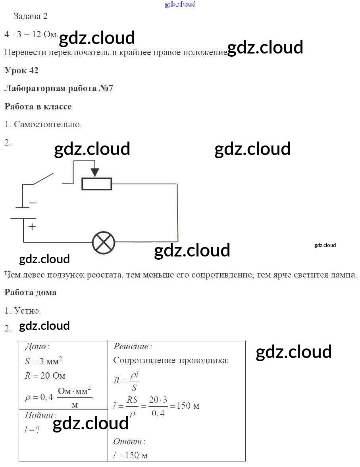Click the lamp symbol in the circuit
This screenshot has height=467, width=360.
click(x=104, y=242)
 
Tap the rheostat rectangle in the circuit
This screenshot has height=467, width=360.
click(x=97, y=184)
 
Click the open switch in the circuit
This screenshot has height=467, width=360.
click(x=43, y=179)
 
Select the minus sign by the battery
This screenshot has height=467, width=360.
click(x=33, y=203)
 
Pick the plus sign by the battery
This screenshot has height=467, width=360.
click(x=32, y=227)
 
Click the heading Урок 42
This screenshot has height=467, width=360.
click(x=21, y=70)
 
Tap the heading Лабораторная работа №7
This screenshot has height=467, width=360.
click(x=59, y=88)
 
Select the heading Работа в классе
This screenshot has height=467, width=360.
click(x=38, y=107)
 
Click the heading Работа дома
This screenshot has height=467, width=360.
click(x=31, y=293)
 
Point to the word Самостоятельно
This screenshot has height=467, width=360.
click(x=48, y=124)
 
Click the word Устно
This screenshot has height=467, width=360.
click(x=27, y=311)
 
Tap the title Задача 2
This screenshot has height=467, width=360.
click(x=31, y=16)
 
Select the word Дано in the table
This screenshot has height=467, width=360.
click(x=35, y=346)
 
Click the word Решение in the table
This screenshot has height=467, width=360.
click(x=131, y=346)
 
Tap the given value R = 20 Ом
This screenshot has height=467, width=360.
click(x=45, y=376)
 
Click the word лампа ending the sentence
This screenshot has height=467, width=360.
click(x=343, y=275)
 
